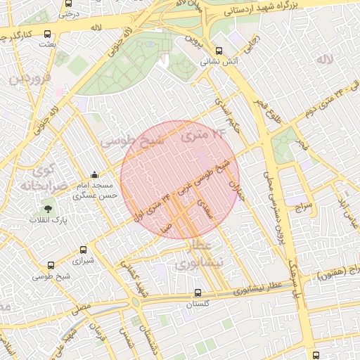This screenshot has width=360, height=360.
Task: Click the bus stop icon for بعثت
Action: (47, 34)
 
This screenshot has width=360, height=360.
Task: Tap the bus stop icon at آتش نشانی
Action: (219, 51)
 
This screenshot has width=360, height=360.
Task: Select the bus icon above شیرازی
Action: (84, 249)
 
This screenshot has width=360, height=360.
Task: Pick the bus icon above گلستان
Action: (197, 293)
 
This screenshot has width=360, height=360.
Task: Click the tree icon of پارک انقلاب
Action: (48, 208)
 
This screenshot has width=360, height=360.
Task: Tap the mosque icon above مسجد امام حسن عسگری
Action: (95, 176)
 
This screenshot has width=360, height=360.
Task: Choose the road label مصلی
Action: (80, 307)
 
